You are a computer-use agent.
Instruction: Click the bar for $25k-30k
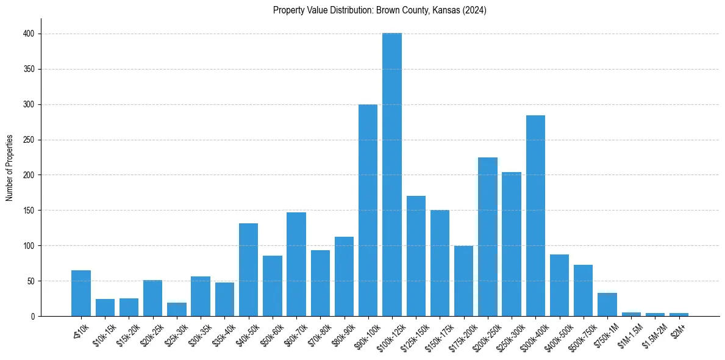click(x=177, y=309)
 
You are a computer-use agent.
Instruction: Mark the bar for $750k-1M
click(x=607, y=304)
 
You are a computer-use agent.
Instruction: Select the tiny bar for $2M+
click(x=679, y=314)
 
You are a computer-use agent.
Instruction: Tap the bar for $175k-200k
click(x=463, y=281)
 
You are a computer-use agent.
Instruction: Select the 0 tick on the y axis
click(x=32, y=317)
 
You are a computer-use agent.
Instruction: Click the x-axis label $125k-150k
click(x=413, y=332)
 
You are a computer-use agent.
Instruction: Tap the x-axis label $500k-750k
click(x=580, y=332)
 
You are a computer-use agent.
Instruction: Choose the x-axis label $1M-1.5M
click(x=629, y=332)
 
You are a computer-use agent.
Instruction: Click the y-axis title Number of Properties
click(x=10, y=168)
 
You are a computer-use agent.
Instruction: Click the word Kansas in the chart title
click(x=447, y=10)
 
